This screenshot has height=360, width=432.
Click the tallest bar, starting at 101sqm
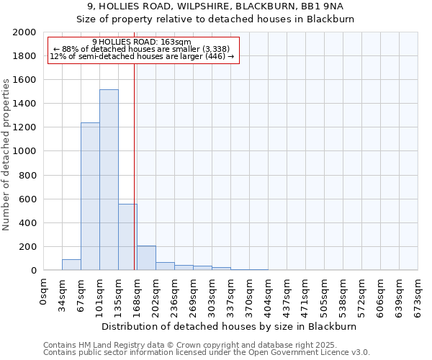click(x=109, y=180)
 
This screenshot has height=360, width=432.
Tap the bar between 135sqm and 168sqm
click(x=127, y=237)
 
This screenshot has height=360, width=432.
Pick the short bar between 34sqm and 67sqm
click(x=71, y=264)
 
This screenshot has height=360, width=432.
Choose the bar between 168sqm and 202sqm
click(x=146, y=258)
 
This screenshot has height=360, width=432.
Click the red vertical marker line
click(x=135, y=166)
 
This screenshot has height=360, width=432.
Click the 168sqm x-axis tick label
click(x=138, y=292)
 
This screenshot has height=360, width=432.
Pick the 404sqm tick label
click(x=268, y=292)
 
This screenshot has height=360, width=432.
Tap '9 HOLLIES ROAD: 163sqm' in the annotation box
click(x=142, y=42)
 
